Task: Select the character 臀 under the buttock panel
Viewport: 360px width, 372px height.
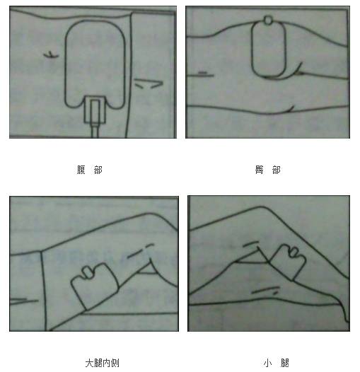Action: pyautogui.click(x=258, y=170)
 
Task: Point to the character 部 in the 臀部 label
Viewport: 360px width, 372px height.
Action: pyautogui.click(x=276, y=170)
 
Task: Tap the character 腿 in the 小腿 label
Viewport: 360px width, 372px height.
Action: pyautogui.click(x=284, y=363)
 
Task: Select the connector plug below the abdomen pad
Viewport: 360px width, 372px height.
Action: pyautogui.click(x=94, y=110)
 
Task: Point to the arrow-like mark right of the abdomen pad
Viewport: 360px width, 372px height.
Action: pyautogui.click(x=150, y=83)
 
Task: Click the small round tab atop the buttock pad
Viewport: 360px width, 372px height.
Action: pyautogui.click(x=266, y=21)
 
